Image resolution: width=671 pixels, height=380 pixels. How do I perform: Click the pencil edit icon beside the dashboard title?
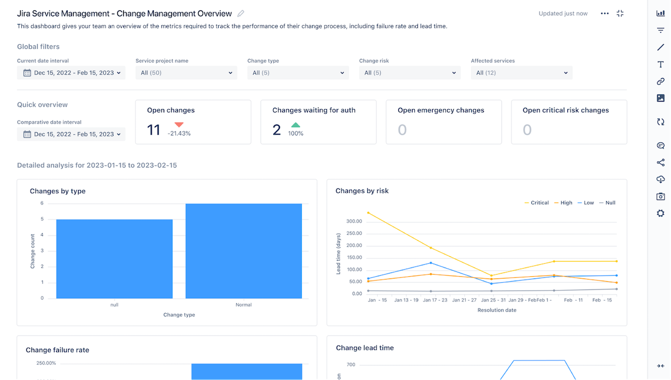(x=241, y=14)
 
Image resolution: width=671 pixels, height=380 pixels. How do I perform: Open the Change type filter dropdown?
(x=298, y=73)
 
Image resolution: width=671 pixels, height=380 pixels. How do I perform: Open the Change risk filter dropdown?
(x=410, y=73)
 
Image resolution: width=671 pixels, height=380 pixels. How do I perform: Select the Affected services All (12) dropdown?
(x=522, y=73)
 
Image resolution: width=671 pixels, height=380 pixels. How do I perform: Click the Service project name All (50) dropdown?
(x=186, y=73)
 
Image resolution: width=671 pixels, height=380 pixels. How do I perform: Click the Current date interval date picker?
(x=71, y=73)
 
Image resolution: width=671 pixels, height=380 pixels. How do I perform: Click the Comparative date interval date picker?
(x=71, y=134)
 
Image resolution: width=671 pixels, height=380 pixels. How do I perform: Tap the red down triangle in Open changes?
(x=179, y=125)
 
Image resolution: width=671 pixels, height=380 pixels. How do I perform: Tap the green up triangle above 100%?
(x=296, y=125)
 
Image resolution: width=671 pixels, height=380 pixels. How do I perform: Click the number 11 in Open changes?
(x=154, y=130)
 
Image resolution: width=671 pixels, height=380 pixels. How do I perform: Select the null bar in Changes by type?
(x=114, y=259)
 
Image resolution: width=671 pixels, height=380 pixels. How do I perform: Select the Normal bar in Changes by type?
(x=243, y=251)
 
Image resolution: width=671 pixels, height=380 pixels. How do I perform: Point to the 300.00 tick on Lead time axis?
(x=354, y=221)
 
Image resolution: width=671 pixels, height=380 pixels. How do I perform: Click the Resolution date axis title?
(x=496, y=310)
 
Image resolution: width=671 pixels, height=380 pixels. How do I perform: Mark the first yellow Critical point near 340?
(x=368, y=212)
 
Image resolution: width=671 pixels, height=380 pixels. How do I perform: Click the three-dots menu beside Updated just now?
(x=604, y=14)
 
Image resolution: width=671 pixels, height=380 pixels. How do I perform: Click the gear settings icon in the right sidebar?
(x=661, y=213)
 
